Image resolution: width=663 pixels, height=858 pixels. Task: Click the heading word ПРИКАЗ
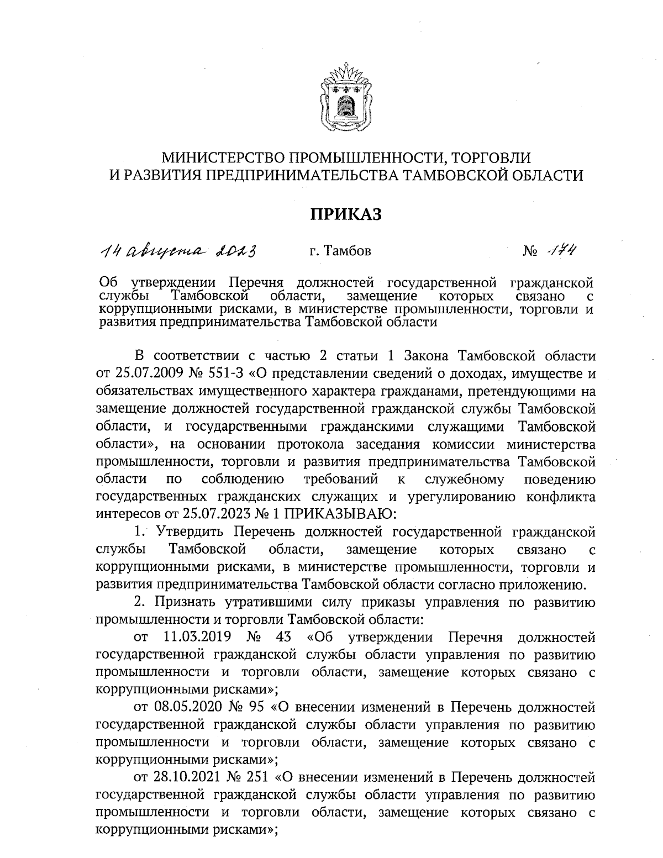click(x=345, y=214)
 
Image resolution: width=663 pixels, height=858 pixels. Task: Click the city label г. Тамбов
click(x=340, y=252)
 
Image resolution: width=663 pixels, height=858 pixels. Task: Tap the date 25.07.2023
click(x=211, y=514)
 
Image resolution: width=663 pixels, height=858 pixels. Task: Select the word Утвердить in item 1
click(x=190, y=532)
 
